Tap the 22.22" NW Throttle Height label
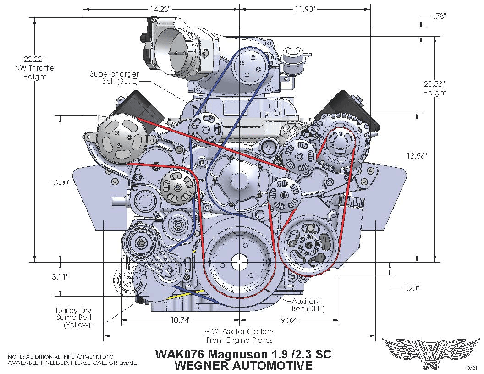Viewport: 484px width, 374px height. click(x=34, y=68)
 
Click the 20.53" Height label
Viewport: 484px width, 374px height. click(x=434, y=88)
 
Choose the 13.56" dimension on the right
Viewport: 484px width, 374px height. click(x=417, y=156)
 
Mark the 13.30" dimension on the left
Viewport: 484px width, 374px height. click(x=60, y=182)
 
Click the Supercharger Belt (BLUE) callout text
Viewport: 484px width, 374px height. click(x=114, y=77)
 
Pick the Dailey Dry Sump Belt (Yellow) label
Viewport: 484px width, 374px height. click(x=74, y=318)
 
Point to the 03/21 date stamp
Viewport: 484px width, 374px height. click(x=471, y=368)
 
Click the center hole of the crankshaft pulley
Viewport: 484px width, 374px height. click(x=239, y=262)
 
